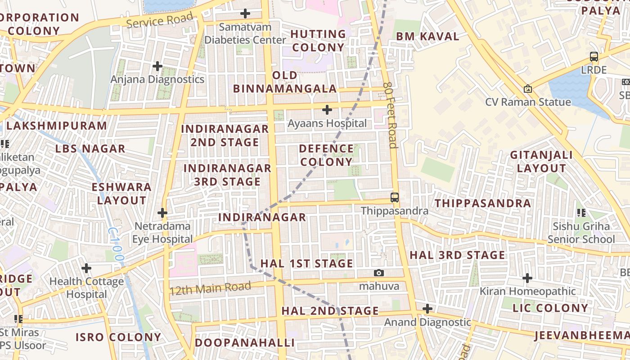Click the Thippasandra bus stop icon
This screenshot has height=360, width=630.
point(395,198)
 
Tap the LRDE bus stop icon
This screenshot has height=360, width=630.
point(594,57)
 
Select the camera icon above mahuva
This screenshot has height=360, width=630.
point(379,273)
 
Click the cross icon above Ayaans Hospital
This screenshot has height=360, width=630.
point(327,110)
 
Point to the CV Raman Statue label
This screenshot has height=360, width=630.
point(528,102)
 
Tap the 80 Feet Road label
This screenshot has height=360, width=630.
point(391,115)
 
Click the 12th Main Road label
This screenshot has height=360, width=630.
point(210,288)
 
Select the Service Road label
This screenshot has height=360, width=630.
point(160,20)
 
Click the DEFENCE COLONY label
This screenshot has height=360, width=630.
point(327,155)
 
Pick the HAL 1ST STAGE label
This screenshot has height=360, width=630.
point(307,263)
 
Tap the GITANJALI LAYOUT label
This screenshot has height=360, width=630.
point(541,162)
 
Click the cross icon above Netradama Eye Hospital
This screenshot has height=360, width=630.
point(162,213)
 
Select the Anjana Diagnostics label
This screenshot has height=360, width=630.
point(157,80)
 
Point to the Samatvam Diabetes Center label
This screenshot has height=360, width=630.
point(245,34)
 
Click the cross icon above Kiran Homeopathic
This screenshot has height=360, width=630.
point(527,278)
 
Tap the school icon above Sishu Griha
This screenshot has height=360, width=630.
point(581,212)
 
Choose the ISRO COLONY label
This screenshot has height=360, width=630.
point(118,337)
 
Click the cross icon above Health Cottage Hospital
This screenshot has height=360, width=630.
point(86,269)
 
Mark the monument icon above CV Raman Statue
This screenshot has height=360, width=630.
point(528,89)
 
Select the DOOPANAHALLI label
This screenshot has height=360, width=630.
point(245,342)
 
